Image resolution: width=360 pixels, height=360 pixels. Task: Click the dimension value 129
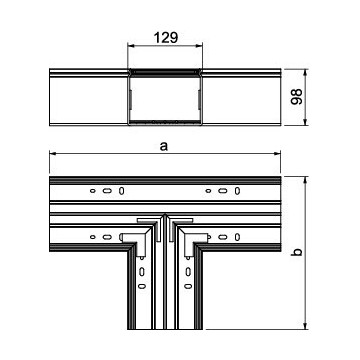tap(165, 38)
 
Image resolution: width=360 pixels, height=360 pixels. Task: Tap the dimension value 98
tap(297, 97)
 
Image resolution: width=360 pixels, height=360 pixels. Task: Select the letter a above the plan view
tap(164, 146)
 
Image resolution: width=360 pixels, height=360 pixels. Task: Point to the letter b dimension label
tap(298, 252)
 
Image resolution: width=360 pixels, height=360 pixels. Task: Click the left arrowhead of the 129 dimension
tap(131, 46)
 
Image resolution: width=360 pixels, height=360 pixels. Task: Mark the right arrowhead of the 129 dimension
tap(199, 46)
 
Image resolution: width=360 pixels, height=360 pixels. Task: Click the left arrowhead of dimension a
tap(53, 153)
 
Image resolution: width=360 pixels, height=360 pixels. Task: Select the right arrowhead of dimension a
tap(277, 153)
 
